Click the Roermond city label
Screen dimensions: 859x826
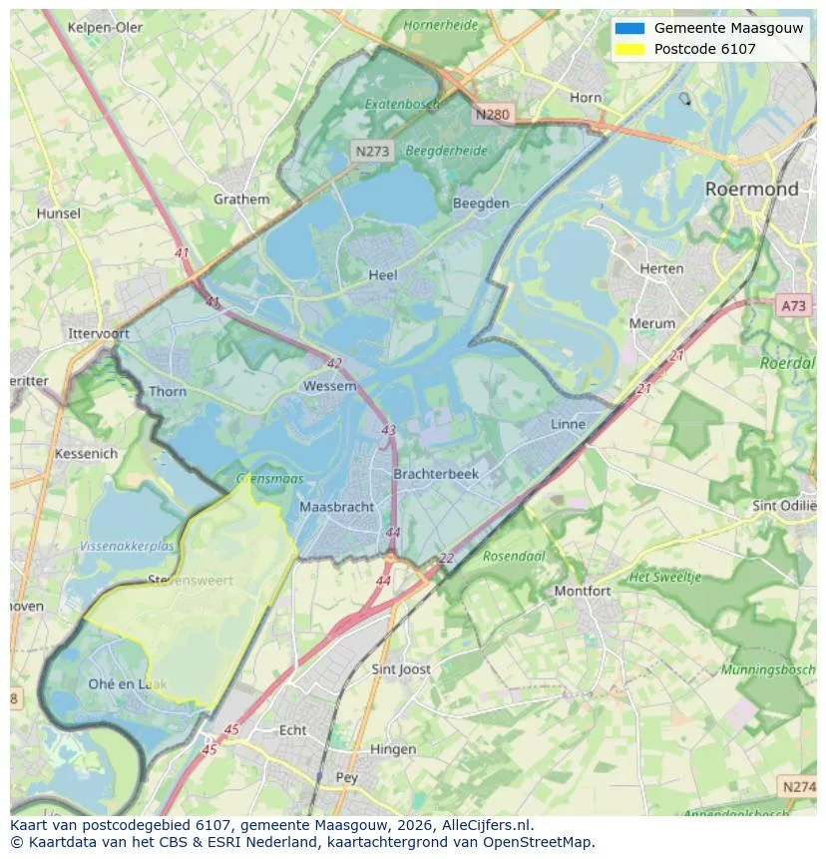(751, 189)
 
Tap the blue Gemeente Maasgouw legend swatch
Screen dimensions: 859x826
(630, 28)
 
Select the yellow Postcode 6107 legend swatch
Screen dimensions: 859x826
(630, 49)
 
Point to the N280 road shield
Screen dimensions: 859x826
(493, 114)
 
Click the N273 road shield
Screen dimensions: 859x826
(372, 151)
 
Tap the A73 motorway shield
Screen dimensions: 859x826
(793, 306)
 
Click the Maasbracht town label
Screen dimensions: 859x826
(337, 507)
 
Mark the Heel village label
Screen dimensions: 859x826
(382, 275)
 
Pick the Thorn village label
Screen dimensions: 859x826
(168, 391)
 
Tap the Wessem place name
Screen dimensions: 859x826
(329, 386)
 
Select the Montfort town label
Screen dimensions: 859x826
(583, 591)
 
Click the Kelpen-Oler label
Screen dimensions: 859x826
(106, 27)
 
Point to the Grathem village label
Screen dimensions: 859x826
(241, 199)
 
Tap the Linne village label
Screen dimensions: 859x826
(568, 424)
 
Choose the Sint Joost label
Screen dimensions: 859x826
(401, 668)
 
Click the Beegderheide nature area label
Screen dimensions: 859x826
(447, 151)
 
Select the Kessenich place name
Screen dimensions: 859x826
(86, 453)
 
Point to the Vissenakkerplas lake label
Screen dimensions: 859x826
(127, 547)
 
